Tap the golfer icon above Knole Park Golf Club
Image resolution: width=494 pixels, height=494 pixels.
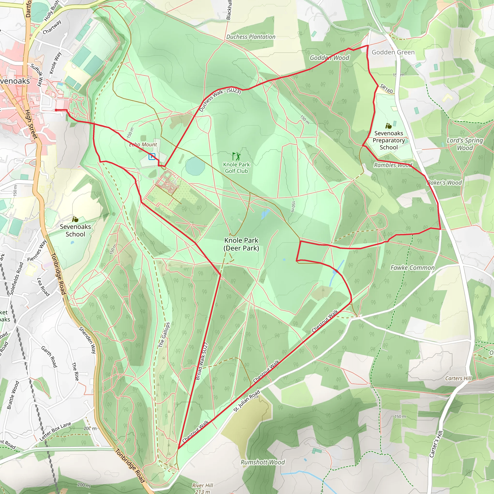point(236,156)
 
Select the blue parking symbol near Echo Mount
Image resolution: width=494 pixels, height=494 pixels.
point(152,156)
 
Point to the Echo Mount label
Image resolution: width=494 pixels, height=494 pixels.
point(143,145)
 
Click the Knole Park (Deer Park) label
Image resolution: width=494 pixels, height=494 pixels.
point(241,244)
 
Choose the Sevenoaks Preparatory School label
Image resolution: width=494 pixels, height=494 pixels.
point(389,140)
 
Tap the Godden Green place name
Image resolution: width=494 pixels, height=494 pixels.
point(393,52)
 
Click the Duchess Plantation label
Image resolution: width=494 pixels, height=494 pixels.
point(251,37)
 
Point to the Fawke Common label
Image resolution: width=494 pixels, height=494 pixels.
point(412,268)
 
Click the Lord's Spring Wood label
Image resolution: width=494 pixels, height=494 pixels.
point(465,144)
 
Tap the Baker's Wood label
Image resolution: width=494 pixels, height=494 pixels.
point(445,183)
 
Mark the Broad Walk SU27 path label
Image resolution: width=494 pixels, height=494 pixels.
point(201,361)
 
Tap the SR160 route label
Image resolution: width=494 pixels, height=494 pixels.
point(386,89)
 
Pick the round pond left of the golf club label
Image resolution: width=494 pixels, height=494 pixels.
point(195,166)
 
